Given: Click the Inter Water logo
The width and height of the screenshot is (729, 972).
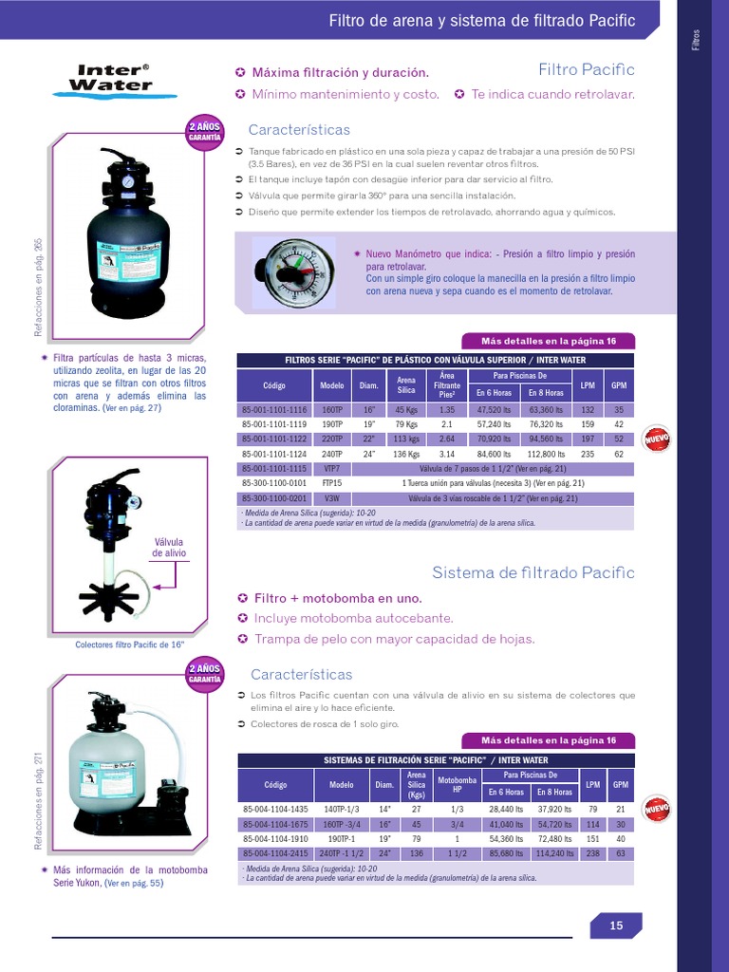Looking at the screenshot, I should (x=114, y=79).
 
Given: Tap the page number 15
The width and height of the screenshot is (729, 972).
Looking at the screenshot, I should (x=616, y=926).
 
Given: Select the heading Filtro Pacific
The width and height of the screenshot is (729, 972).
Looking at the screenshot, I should (x=586, y=70).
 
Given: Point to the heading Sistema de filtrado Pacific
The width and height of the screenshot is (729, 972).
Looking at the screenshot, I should (x=533, y=572).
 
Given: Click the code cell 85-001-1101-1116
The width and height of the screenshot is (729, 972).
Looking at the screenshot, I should (x=274, y=409).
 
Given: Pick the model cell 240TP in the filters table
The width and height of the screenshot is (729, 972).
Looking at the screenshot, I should (x=332, y=454).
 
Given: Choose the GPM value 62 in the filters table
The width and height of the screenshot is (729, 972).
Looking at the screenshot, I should (x=619, y=454).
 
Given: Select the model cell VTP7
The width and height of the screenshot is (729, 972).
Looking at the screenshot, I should (x=332, y=469).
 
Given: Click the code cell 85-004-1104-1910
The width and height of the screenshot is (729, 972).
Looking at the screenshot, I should (x=275, y=839).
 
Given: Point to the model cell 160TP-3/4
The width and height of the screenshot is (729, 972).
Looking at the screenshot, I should (x=341, y=824).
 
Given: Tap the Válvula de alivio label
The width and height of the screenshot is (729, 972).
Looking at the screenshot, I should (x=170, y=547).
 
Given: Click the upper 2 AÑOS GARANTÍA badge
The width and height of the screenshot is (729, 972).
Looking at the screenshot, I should (x=204, y=130).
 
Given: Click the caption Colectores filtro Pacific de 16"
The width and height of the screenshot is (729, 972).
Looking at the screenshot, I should (x=129, y=645).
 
